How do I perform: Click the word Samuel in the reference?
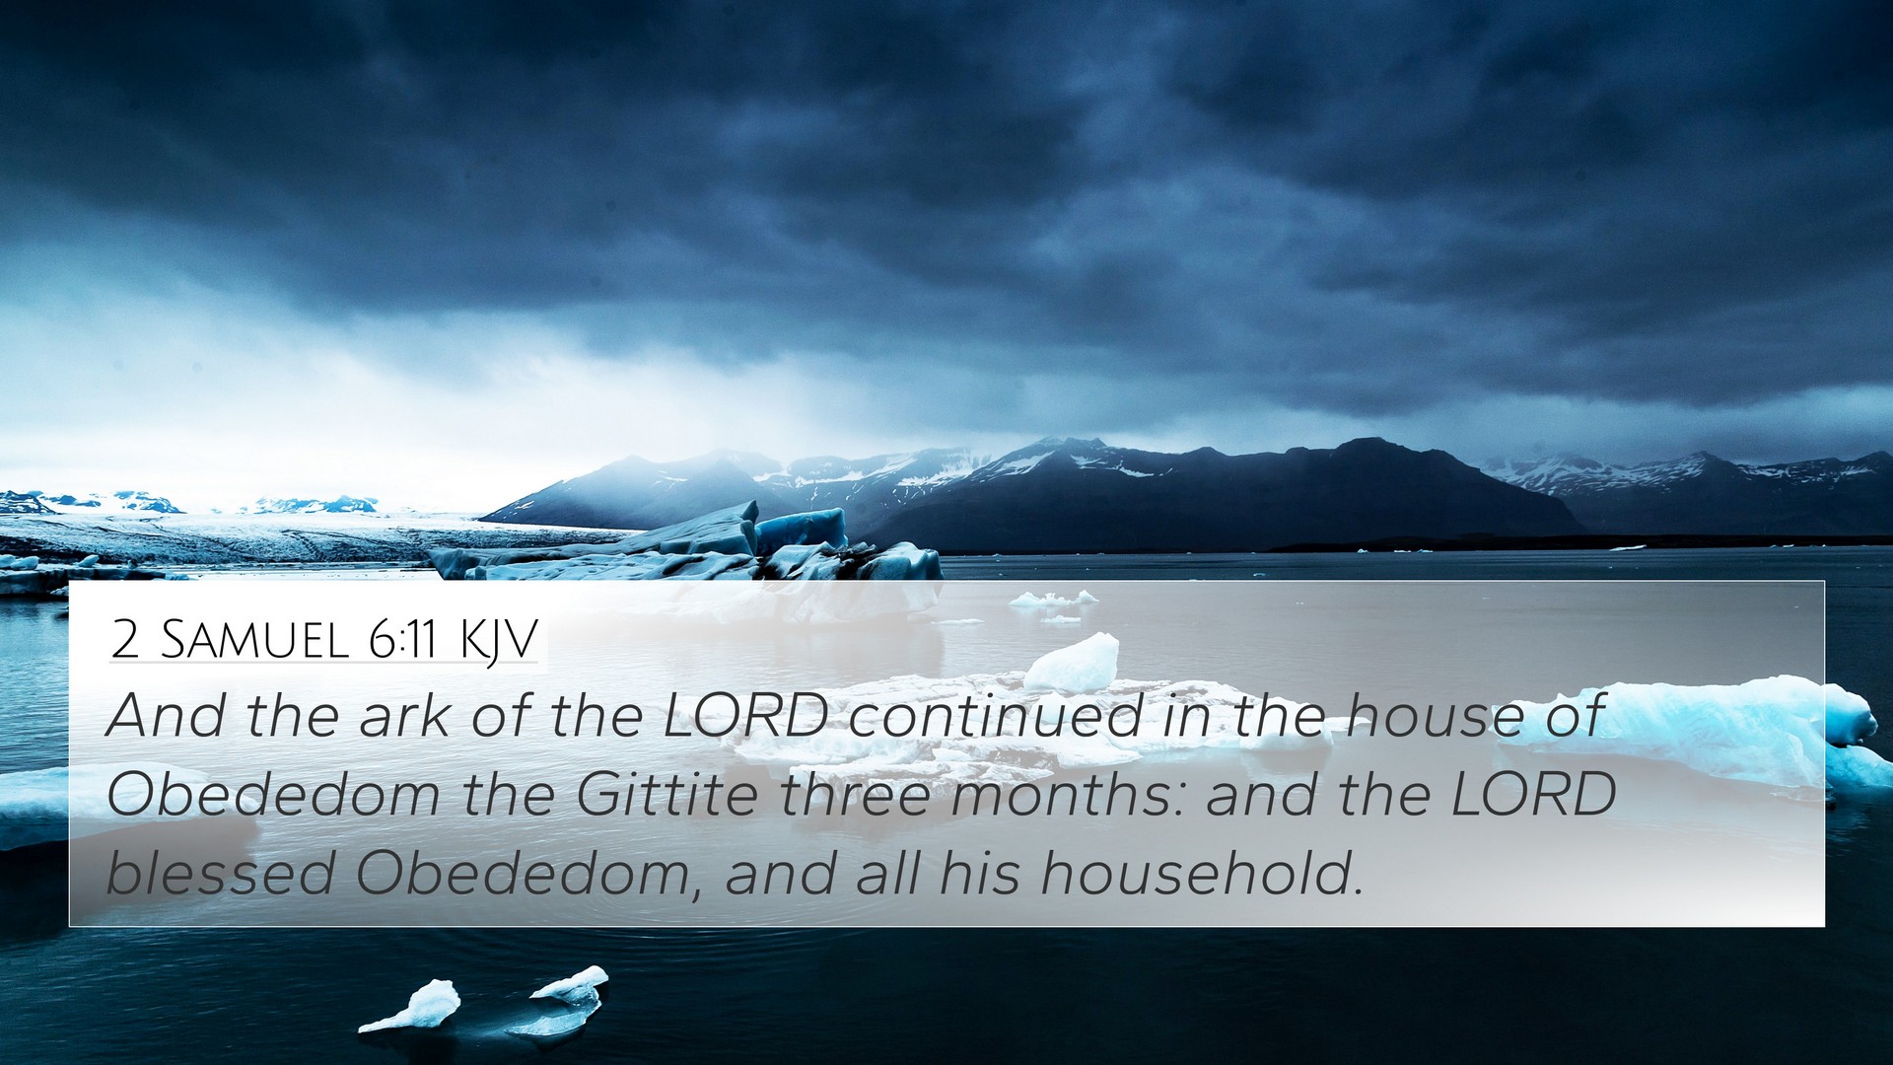click(255, 640)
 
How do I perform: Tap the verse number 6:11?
click(402, 640)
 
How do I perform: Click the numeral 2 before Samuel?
click(125, 640)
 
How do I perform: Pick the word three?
click(855, 794)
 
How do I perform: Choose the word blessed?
click(221, 873)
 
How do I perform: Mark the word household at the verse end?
click(1202, 873)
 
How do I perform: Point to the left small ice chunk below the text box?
click(414, 1006)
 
